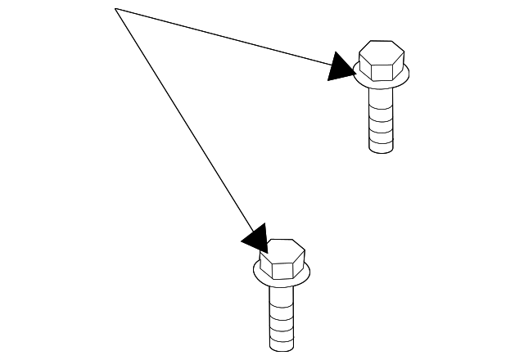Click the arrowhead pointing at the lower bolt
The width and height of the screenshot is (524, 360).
(x=255, y=238)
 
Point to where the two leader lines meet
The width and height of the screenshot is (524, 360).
(x=116, y=9)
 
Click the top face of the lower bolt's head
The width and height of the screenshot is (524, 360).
(x=282, y=248)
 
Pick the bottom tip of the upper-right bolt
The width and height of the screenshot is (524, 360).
(x=381, y=151)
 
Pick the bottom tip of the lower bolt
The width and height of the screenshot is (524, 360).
(x=282, y=348)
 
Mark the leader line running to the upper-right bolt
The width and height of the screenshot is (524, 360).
(x=229, y=38)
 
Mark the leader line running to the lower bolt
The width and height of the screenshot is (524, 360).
(x=184, y=123)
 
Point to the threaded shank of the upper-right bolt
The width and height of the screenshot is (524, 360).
(x=381, y=123)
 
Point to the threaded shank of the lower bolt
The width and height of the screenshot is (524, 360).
(x=282, y=323)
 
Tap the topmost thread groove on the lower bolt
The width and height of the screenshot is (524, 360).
(x=282, y=304)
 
